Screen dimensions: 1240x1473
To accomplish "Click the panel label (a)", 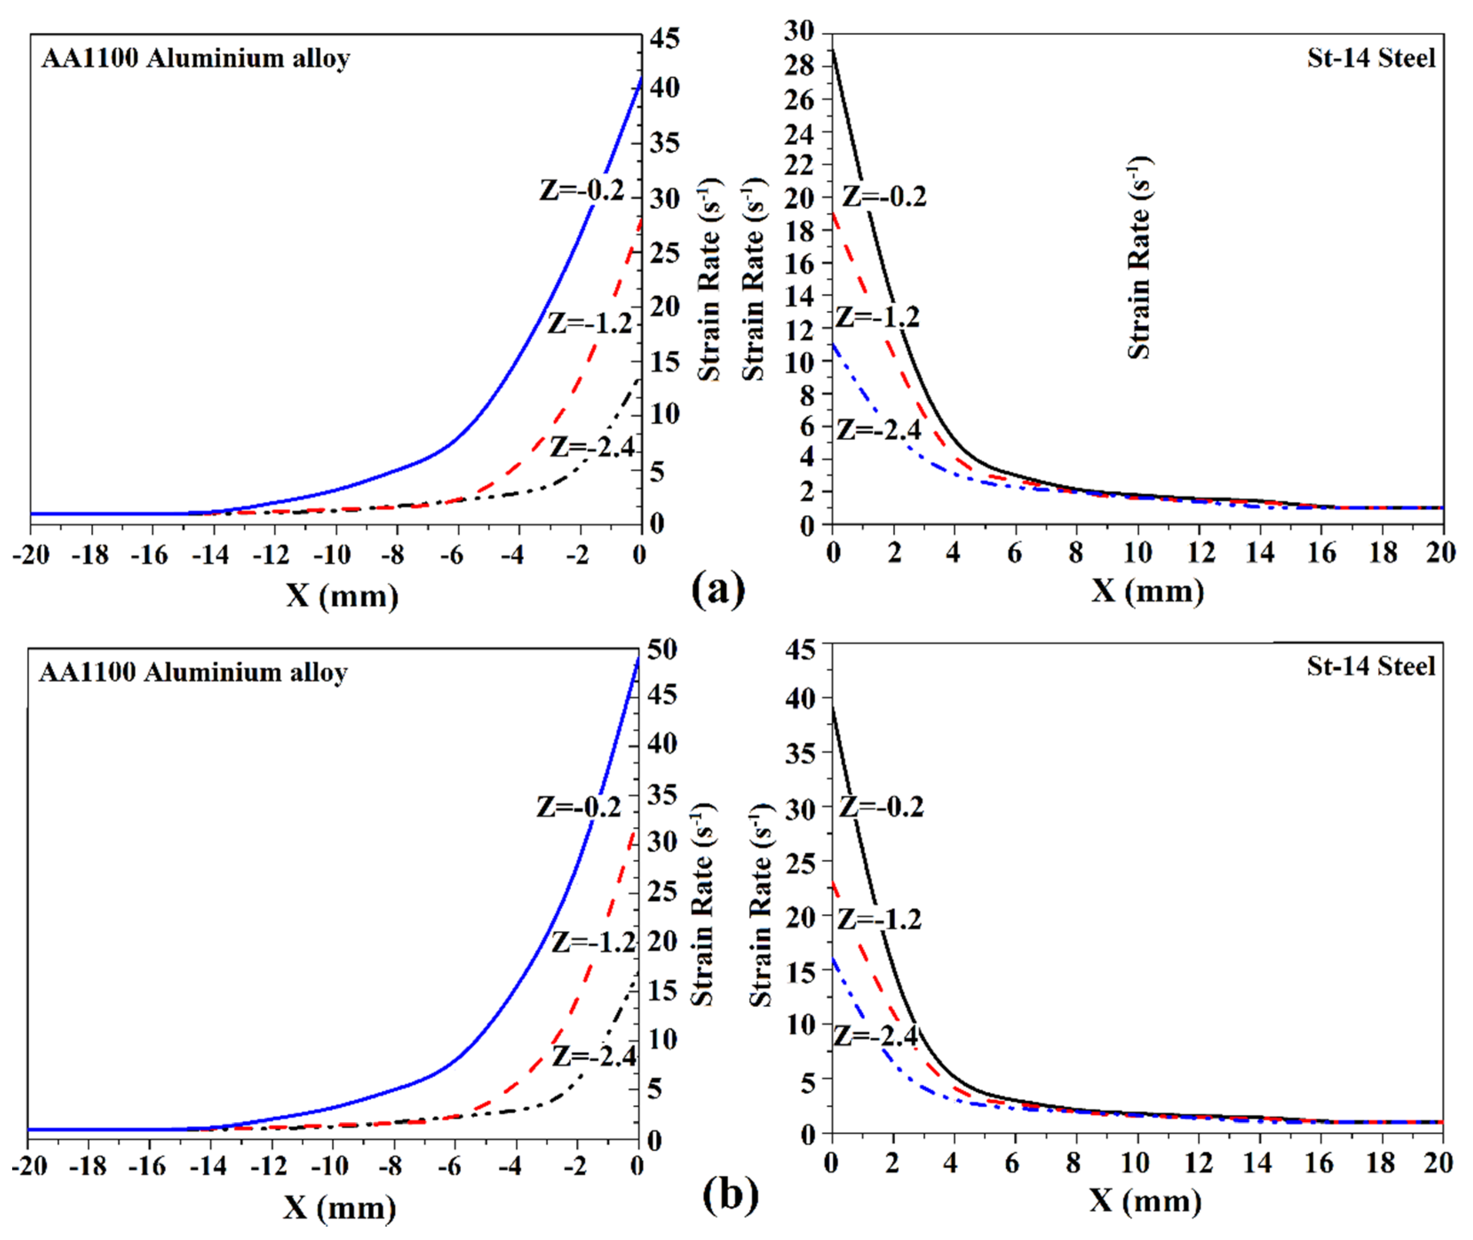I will coord(718,589).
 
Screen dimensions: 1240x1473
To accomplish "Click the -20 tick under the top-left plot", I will coord(31,555).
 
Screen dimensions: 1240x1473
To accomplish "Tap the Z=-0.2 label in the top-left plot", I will coord(582,191).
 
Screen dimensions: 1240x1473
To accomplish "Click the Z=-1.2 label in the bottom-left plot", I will coord(594,942).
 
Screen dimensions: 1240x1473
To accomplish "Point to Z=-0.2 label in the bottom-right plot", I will coord(882,807).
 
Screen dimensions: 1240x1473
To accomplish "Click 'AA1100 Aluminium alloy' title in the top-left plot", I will coord(195,58).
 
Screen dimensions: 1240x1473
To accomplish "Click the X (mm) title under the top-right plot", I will coord(1147,591).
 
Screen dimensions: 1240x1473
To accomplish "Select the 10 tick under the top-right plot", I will coord(1137,553).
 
